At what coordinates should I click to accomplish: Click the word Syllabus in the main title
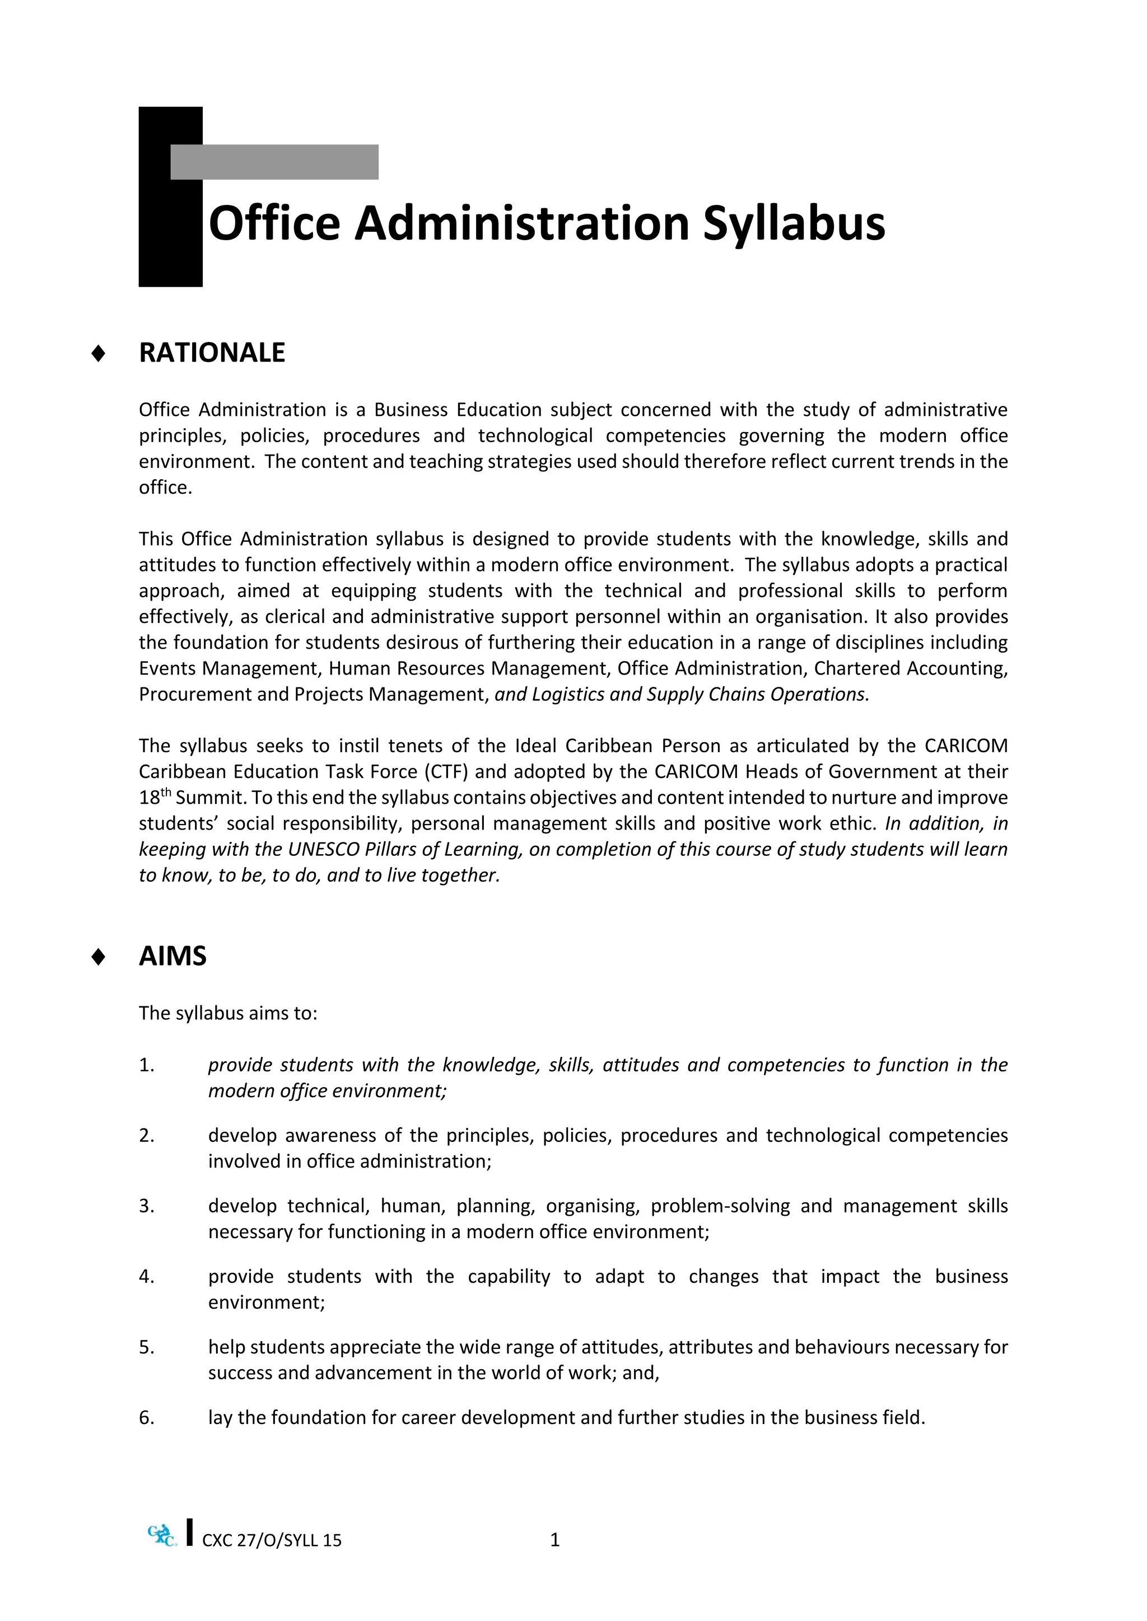(x=793, y=223)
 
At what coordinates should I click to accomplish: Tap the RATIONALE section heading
(x=212, y=353)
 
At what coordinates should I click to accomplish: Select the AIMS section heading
(x=172, y=956)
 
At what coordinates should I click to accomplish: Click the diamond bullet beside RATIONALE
(x=99, y=354)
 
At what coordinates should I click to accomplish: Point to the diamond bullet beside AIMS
(x=99, y=957)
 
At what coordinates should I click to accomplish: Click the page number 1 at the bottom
(x=554, y=1540)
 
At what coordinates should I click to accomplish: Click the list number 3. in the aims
(x=146, y=1206)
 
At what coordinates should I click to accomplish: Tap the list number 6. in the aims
(x=146, y=1418)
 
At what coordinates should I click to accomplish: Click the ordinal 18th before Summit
(x=155, y=797)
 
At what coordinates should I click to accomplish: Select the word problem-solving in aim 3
(x=720, y=1206)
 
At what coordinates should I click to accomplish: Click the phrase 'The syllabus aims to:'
(x=228, y=1013)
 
